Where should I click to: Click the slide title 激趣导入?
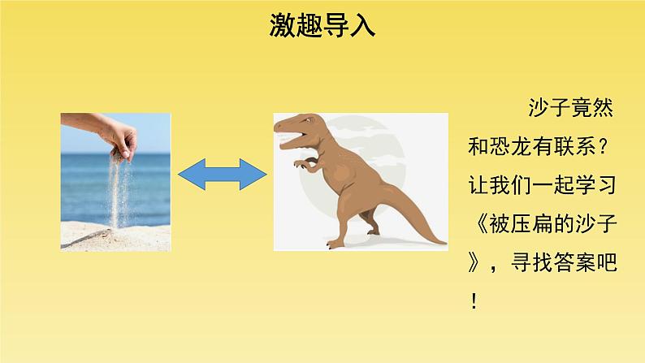322,26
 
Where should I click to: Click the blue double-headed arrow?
222,175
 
